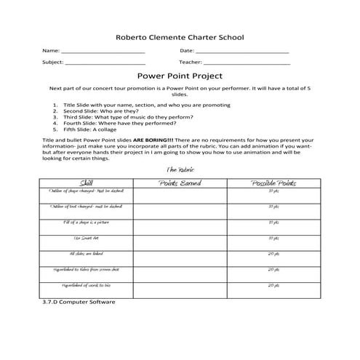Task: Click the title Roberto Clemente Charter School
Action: click(x=180, y=37)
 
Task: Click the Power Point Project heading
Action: click(x=180, y=76)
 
